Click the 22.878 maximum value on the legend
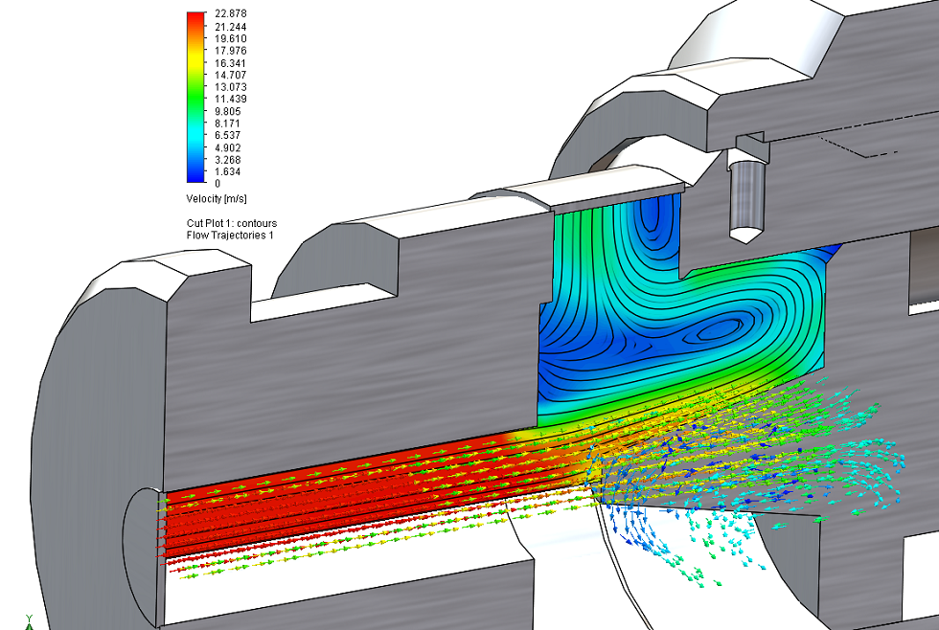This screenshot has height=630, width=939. pos(231,13)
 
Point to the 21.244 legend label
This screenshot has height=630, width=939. pos(231,27)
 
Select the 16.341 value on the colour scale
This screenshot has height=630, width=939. pos(231,63)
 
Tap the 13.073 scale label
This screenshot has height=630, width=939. pos(231,87)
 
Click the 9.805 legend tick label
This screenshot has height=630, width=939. pos(228,111)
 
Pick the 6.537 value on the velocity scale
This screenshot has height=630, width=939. pos(228,135)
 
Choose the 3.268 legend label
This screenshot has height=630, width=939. pos(228,160)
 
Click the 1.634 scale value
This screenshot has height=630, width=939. pos(228,171)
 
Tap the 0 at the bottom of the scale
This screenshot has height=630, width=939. pos(218,184)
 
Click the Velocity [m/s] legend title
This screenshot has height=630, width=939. pos(217,198)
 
